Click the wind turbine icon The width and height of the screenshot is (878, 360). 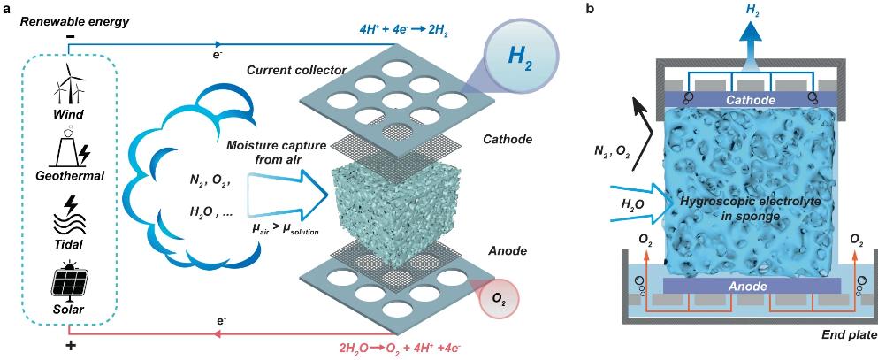click(x=69, y=85)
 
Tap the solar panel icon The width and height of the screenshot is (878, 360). click(x=68, y=283)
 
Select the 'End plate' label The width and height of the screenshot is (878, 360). click(x=847, y=335)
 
